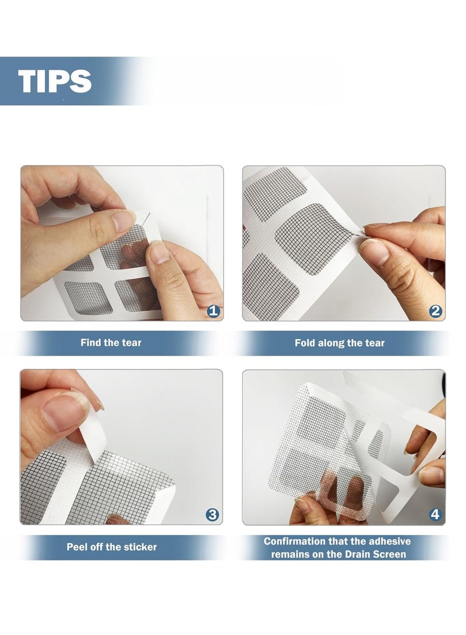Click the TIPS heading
pos(55,80)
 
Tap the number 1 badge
pos(214,311)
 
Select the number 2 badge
pos(435,311)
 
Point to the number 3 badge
pos(213,515)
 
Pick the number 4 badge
pos(435,515)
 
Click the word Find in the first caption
pos(90,343)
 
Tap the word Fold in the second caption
pos(304,343)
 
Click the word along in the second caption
pos(328,343)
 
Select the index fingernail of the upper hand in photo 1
pos(123,221)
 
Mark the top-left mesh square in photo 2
pos(274,194)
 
